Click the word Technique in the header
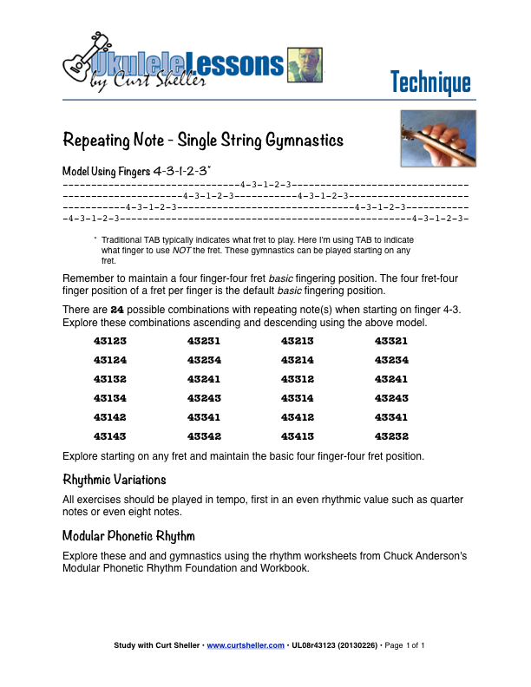point(430,82)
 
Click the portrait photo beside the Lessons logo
point(305,64)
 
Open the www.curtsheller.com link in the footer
point(246,645)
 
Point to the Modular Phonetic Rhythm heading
point(129,535)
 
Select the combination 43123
point(110,341)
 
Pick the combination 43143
point(110,436)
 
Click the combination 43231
point(204,341)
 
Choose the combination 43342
point(204,436)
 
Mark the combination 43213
point(298,341)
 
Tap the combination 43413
point(298,436)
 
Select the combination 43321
point(391,341)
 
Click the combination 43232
point(391,436)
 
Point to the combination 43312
point(298,379)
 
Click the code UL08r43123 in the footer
point(316,645)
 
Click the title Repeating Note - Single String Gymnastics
point(204,140)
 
